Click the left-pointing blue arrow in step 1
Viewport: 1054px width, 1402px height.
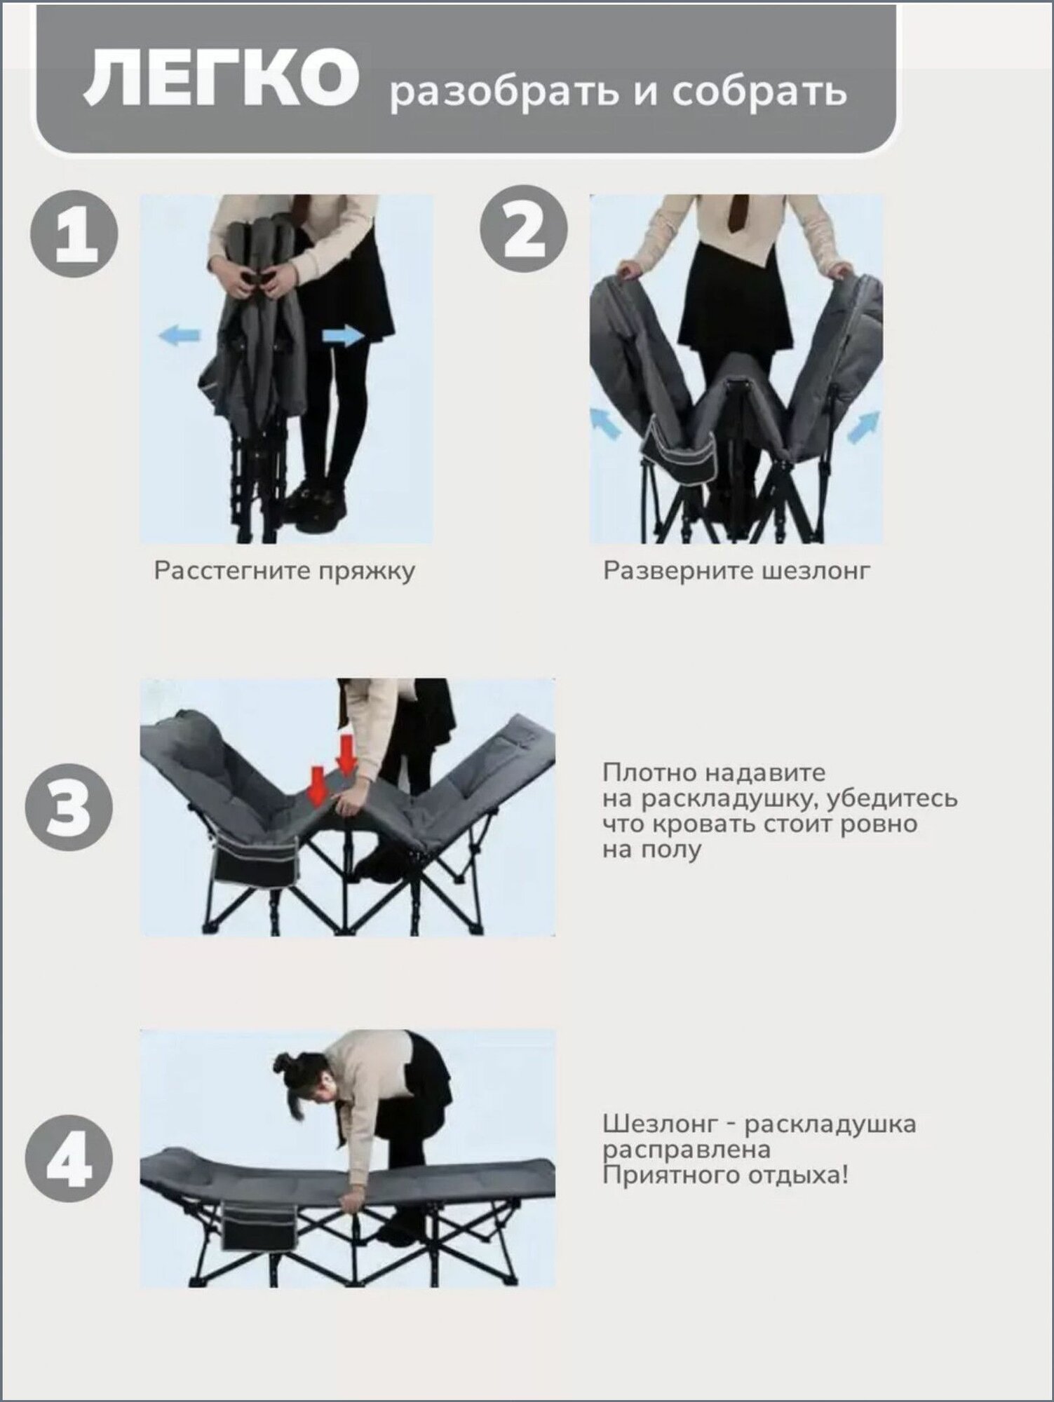[181, 336]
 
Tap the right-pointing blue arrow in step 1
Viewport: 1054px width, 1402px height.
[344, 336]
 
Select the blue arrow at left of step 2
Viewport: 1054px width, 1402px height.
[606, 424]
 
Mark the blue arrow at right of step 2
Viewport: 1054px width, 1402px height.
[864, 427]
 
